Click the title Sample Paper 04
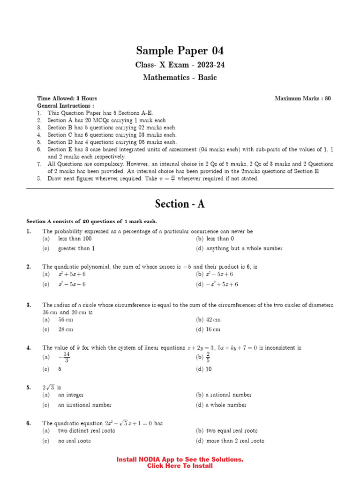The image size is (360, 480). coord(180,50)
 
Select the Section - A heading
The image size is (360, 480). coord(180,204)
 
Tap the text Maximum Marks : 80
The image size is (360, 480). coord(303,98)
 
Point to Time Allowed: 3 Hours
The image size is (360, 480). coord(67,98)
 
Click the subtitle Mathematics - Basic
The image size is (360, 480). coord(180,78)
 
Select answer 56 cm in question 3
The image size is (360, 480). coord(65,320)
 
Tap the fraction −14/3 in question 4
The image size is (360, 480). coord(65,357)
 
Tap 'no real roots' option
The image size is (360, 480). coord(74,441)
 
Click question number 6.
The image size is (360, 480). coord(29,423)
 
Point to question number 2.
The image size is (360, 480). coord(29,267)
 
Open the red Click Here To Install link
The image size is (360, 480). coord(180,466)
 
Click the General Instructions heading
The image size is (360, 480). coord(62,106)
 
